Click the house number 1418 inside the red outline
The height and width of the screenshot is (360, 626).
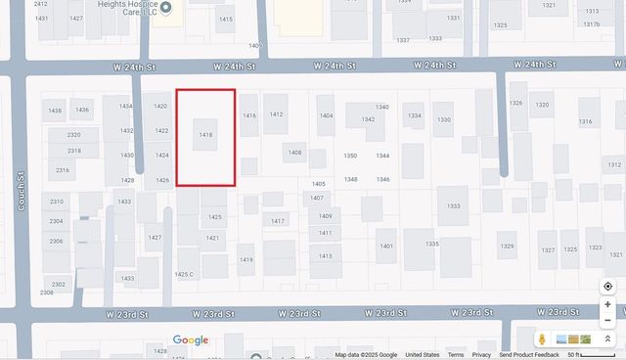pyautogui.click(x=205, y=134)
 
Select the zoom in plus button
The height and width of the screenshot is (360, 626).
pyautogui.click(x=607, y=304)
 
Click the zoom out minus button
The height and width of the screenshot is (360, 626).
pyautogui.click(x=607, y=320)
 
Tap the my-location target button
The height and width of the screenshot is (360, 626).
pyautogui.click(x=607, y=287)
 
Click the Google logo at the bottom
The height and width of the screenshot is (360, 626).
pyautogui.click(x=191, y=340)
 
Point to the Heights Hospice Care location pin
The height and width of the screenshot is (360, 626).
pyautogui.click(x=166, y=8)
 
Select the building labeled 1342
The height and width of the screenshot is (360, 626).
pyautogui.click(x=368, y=119)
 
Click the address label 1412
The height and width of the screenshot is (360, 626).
pyautogui.click(x=276, y=114)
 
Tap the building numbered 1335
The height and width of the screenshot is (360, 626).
pyautogui.click(x=431, y=244)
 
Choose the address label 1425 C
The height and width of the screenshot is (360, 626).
pyautogui.click(x=184, y=274)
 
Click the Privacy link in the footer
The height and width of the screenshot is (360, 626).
pyautogui.click(x=481, y=355)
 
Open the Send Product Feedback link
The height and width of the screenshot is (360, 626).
pyautogui.click(x=529, y=355)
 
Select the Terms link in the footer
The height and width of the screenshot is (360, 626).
pyautogui.click(x=456, y=355)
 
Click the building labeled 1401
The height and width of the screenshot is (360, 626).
pyautogui.click(x=386, y=246)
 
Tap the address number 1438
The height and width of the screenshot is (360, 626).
pyautogui.click(x=55, y=111)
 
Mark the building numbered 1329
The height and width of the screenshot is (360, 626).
pyautogui.click(x=507, y=247)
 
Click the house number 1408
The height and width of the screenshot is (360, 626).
pyautogui.click(x=294, y=153)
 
